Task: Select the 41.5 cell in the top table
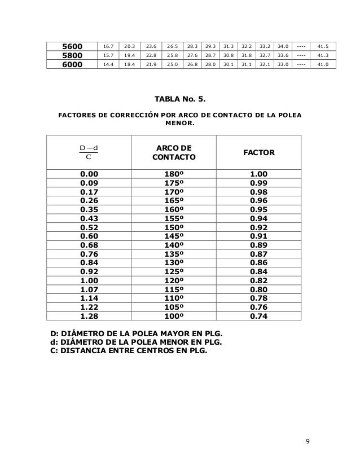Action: pos(324,46)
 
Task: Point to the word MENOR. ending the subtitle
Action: pos(180,126)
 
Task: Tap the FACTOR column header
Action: pos(258,152)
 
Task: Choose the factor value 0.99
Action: pos(258,183)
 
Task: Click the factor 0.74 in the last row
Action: pos(258,316)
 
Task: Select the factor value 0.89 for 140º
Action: pos(258,245)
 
